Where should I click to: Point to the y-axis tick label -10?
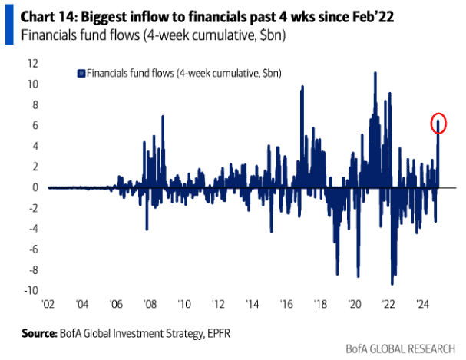coord(32,290)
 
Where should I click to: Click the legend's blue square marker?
coord(81,73)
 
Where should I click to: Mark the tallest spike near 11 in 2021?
coord(375,74)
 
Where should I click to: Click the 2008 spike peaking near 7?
coord(163,117)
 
